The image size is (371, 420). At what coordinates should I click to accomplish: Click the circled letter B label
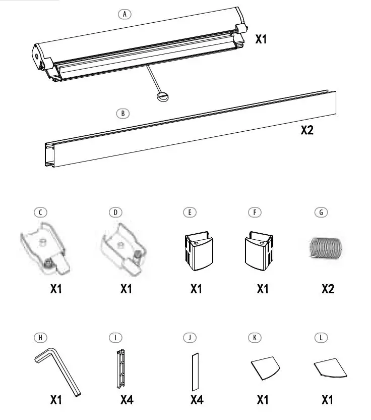[x=122, y=114]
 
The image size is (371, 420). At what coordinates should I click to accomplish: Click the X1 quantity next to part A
[x=261, y=38]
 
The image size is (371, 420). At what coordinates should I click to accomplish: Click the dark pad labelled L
[x=330, y=370]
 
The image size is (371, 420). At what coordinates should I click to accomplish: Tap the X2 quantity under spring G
[x=328, y=289]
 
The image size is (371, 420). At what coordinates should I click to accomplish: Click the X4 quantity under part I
[x=127, y=400]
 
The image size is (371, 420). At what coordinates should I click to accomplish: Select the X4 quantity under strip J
[x=197, y=400]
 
